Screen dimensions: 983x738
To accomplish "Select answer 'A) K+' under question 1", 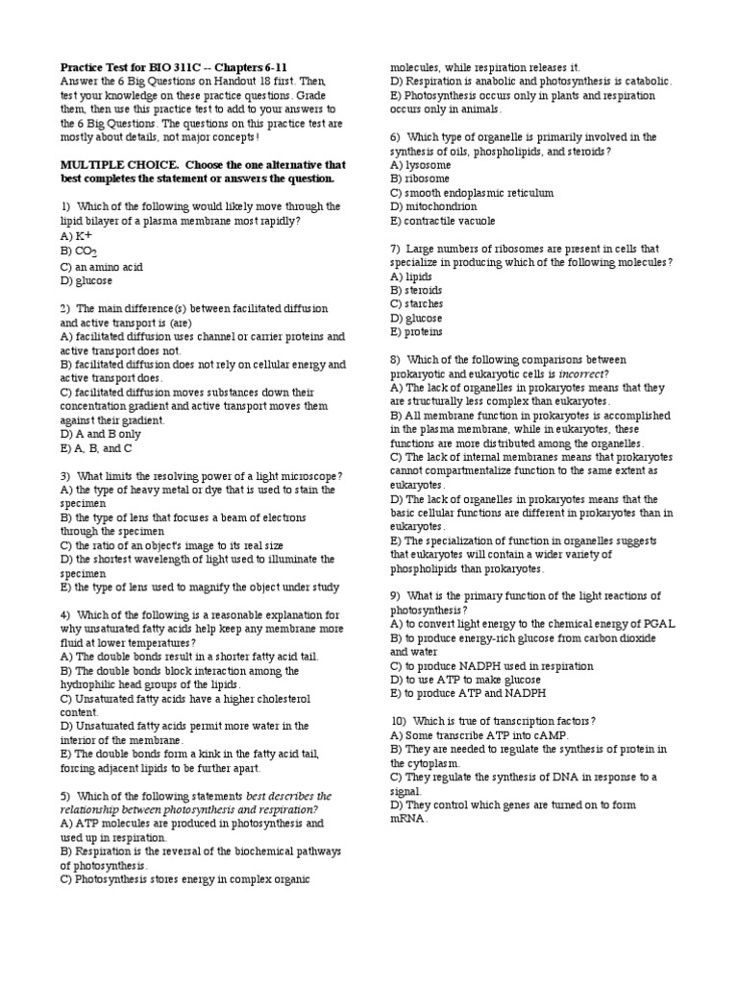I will pyautogui.click(x=76, y=235).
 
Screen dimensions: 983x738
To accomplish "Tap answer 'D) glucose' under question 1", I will pyautogui.click(x=86, y=280).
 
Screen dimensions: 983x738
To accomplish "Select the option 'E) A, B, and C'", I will pyautogui.click(x=96, y=448).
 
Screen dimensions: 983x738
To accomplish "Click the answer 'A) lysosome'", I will pyautogui.click(x=420, y=165).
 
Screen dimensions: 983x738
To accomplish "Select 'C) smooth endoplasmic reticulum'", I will pyautogui.click(x=471, y=193).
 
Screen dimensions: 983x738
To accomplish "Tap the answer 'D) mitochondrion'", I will pyautogui.click(x=432, y=206).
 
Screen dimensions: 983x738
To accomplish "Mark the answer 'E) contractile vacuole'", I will pyautogui.click(x=443, y=221).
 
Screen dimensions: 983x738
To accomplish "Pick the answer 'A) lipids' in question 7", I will pyautogui.click(x=411, y=276).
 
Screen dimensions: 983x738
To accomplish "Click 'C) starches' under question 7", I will pyautogui.click(x=416, y=304).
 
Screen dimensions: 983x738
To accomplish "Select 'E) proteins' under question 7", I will pyautogui.click(x=416, y=332).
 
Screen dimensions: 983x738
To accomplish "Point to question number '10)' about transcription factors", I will pyautogui.click(x=398, y=721).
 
